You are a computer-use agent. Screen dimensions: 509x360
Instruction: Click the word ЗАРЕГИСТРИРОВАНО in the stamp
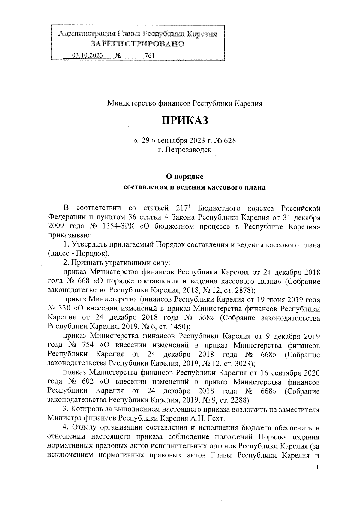coord(138,44)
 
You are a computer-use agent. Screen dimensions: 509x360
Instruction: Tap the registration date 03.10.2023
coord(88,56)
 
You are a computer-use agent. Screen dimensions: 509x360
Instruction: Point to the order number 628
coord(230,140)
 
